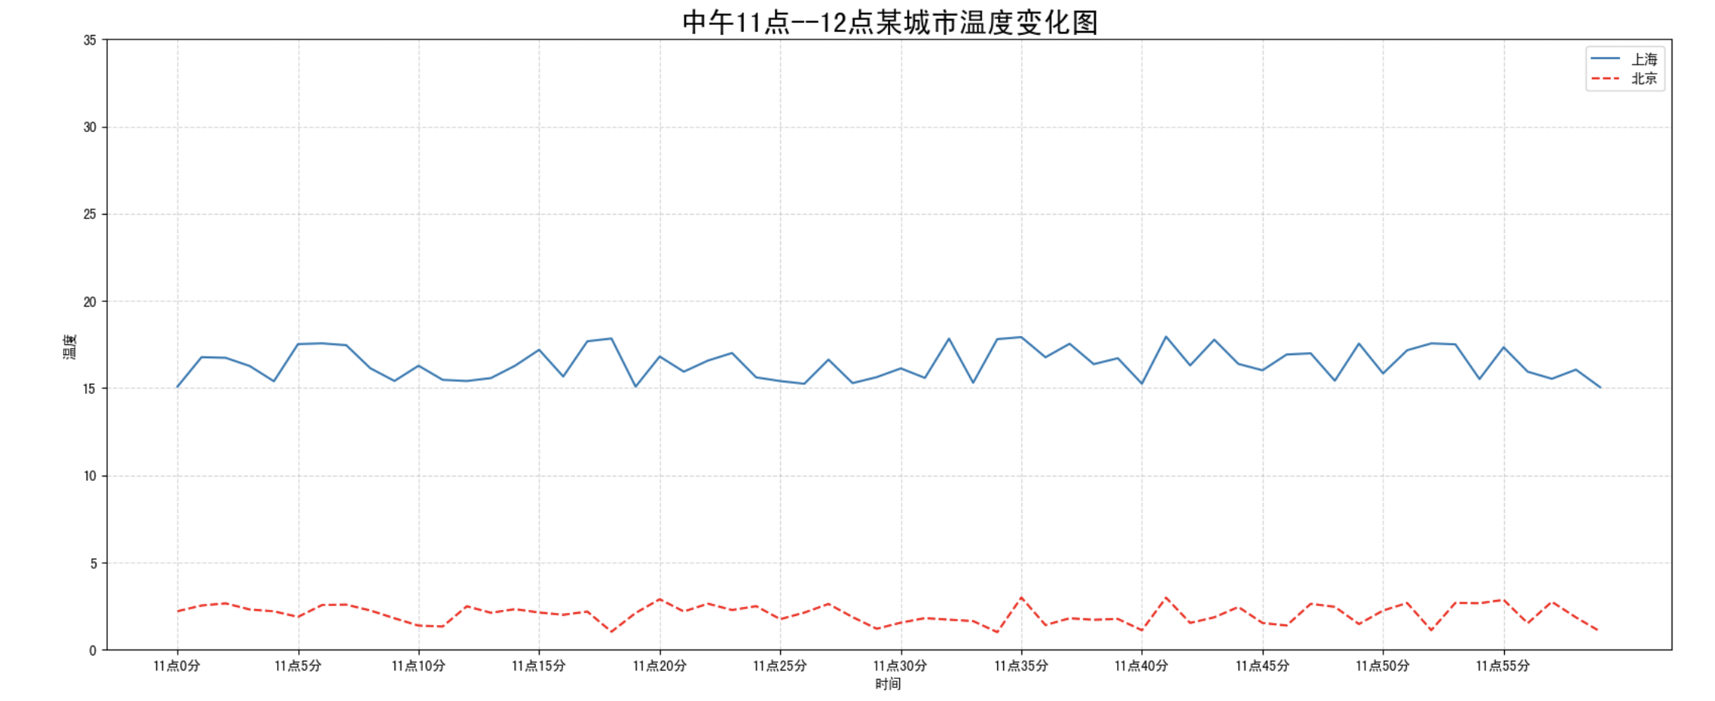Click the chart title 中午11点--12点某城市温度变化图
tap(889, 22)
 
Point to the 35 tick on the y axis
tap(90, 40)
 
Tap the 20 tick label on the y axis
tap(90, 302)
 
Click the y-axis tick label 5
tap(93, 564)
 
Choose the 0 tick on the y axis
tap(93, 651)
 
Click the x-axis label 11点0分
tap(177, 666)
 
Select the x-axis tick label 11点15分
tap(539, 666)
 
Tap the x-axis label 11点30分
tap(900, 666)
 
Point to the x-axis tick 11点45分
tap(1262, 666)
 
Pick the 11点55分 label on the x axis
tap(1503, 666)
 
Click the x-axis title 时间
tap(888, 684)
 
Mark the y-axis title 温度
tap(70, 346)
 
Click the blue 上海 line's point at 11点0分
tap(178, 387)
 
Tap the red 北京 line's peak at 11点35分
tap(1021, 598)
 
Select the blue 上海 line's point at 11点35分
tap(1021, 337)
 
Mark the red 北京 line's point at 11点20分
tap(659, 599)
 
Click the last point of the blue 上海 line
tap(1600, 388)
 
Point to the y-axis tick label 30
tap(90, 127)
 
